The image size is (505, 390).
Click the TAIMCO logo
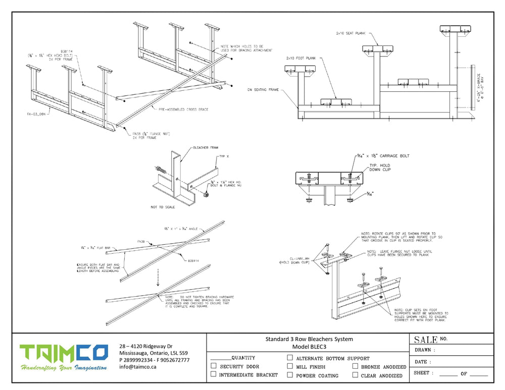coord(63,357)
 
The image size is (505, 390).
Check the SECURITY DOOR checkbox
coord(214,366)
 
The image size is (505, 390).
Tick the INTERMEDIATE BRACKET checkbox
coord(214,374)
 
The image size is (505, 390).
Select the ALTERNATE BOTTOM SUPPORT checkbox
coord(290,358)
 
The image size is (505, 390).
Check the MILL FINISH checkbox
coord(290,366)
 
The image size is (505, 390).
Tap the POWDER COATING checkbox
coord(290,375)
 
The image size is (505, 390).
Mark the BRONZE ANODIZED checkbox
coord(356,366)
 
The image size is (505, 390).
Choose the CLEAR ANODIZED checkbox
coord(356,375)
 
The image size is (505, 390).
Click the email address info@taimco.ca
coord(138,367)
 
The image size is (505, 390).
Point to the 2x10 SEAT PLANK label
coord(350,33)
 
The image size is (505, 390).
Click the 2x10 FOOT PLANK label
coord(301,58)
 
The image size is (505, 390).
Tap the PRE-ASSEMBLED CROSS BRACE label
coord(183,109)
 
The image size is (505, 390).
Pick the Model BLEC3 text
coord(309,347)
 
